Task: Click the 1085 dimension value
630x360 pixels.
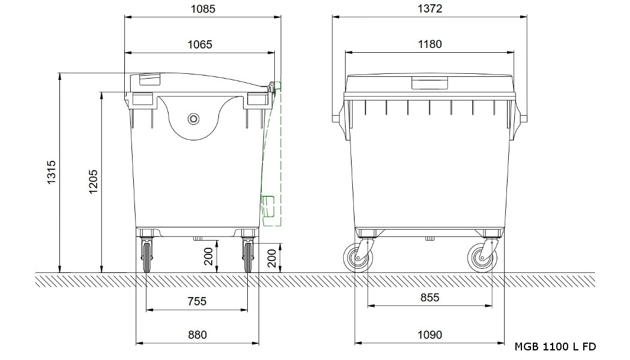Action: pos(203,8)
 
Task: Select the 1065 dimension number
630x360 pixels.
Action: pos(200,44)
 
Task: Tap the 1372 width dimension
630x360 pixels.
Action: pos(430,8)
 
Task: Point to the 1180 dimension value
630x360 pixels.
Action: pos(430,44)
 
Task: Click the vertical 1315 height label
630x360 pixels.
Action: pos(52,172)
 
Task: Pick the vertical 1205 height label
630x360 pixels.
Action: pos(93,182)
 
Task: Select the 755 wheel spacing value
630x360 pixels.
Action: pos(197,301)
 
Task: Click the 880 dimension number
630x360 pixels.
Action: pos(197,335)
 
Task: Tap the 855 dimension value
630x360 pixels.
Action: pos(430,298)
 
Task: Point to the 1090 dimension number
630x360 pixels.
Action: pos(430,335)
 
